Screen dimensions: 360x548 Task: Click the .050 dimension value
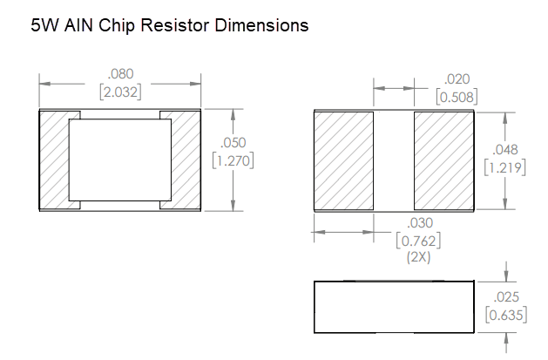(x=233, y=144)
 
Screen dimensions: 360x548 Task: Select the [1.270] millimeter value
(x=233, y=161)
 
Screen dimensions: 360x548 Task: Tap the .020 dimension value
(x=457, y=79)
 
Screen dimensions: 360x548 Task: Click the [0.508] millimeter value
(x=457, y=97)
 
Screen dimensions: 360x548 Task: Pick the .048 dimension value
(x=505, y=149)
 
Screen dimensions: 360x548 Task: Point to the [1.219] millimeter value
(x=505, y=166)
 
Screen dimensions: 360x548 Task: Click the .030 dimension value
(x=417, y=224)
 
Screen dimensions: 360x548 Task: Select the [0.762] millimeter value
(x=417, y=241)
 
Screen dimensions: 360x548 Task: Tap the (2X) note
(x=417, y=257)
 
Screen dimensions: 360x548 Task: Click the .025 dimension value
(x=505, y=297)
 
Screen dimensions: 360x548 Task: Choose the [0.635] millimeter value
(x=505, y=315)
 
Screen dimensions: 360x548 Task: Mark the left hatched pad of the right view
(x=343, y=160)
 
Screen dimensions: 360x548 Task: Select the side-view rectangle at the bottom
(x=394, y=307)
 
